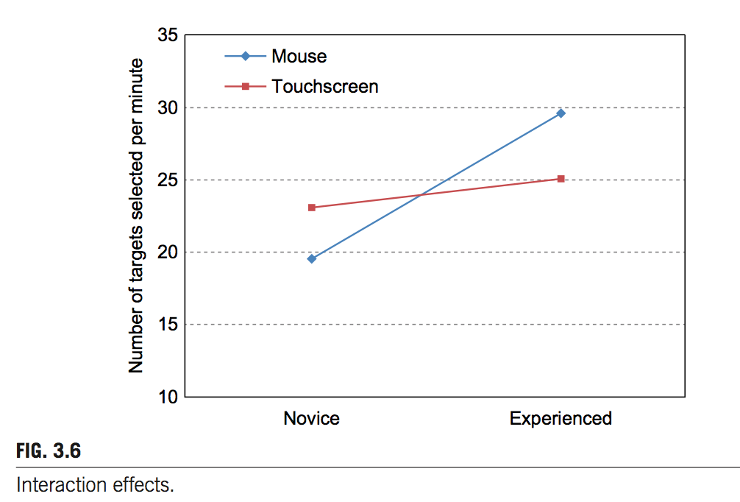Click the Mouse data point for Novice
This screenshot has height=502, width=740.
(312, 259)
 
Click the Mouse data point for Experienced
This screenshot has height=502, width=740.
(561, 113)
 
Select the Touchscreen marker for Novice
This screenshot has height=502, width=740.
(312, 208)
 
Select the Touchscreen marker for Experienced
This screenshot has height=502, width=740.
(561, 179)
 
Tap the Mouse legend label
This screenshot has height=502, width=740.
(299, 56)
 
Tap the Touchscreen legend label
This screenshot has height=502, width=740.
(324, 86)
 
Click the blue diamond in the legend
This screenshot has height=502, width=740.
(246, 56)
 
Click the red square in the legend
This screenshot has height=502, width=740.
(246, 86)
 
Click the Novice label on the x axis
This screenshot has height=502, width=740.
(312, 419)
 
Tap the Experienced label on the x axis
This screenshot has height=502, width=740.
(561, 419)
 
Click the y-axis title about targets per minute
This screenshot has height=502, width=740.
(136, 216)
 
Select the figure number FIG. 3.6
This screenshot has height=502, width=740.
(49, 451)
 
